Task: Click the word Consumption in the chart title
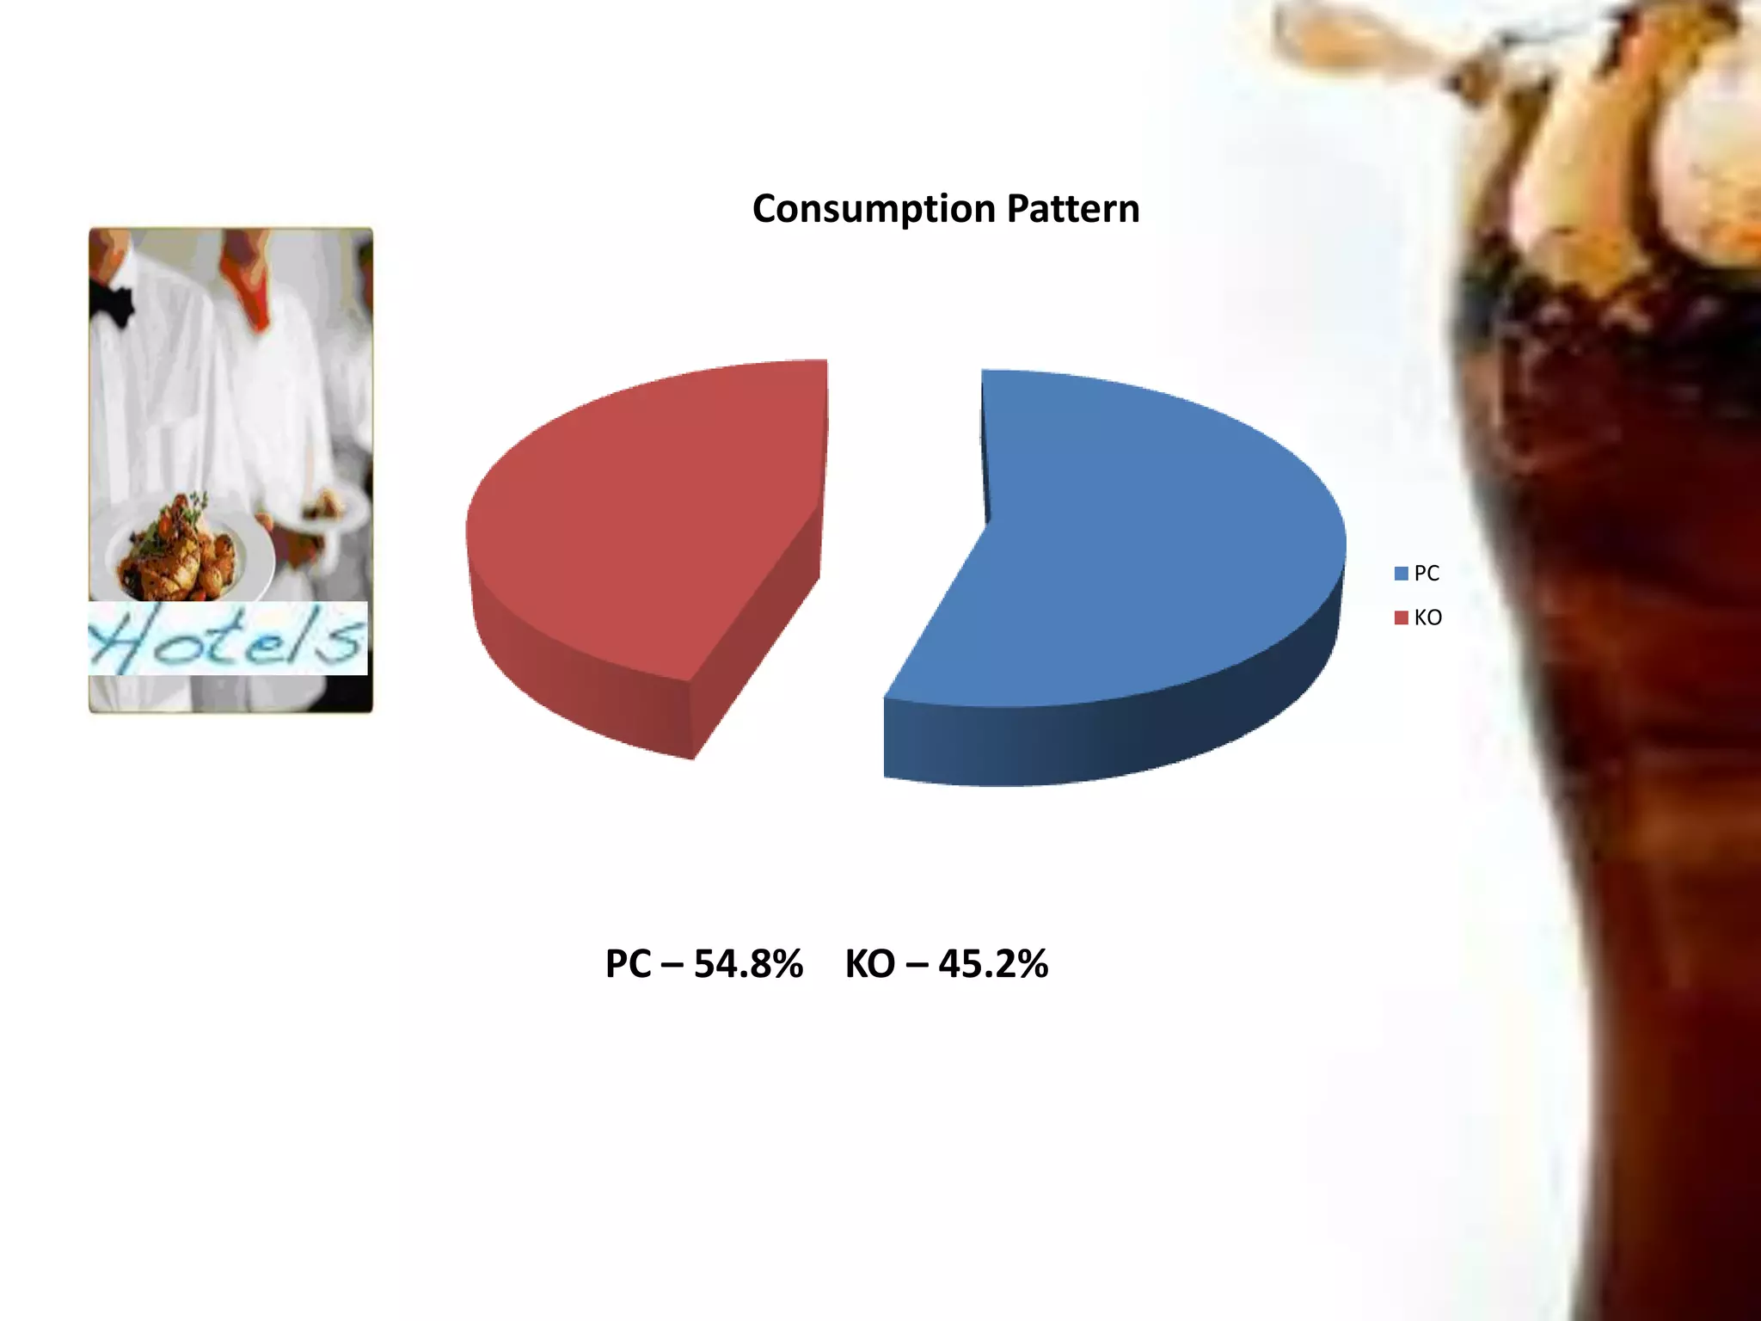point(874,210)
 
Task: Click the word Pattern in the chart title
point(1073,209)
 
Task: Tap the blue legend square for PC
point(1402,574)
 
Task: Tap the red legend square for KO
point(1402,617)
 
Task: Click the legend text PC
point(1427,574)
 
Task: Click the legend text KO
point(1428,617)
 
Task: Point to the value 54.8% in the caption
point(748,964)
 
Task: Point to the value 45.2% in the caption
point(993,964)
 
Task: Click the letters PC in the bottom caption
point(629,964)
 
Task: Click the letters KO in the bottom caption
point(870,964)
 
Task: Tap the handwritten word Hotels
point(228,638)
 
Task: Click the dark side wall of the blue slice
point(1118,740)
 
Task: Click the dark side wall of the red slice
point(585,679)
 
